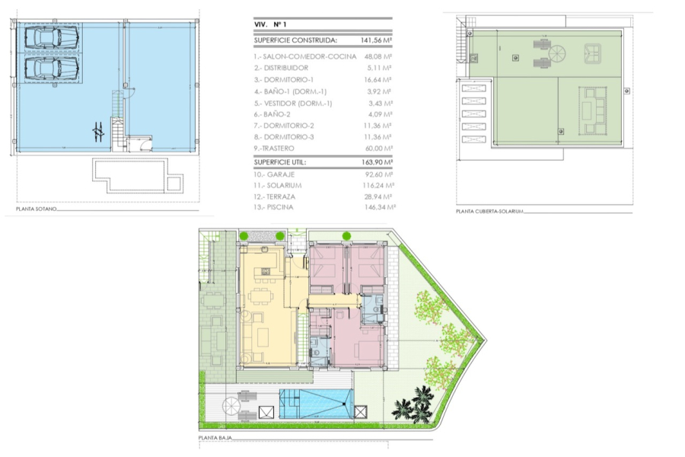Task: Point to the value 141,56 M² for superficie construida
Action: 375,42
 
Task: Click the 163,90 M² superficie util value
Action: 375,162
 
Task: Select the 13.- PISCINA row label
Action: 274,206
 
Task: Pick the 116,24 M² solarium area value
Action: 378,185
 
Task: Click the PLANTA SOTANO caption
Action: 37,209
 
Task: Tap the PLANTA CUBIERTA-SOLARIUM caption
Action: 490,211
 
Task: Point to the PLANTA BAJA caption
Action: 215,439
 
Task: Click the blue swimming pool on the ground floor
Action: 316,402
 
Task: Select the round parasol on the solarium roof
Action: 558,55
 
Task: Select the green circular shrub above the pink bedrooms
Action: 346,235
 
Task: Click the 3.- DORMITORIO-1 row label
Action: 284,79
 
